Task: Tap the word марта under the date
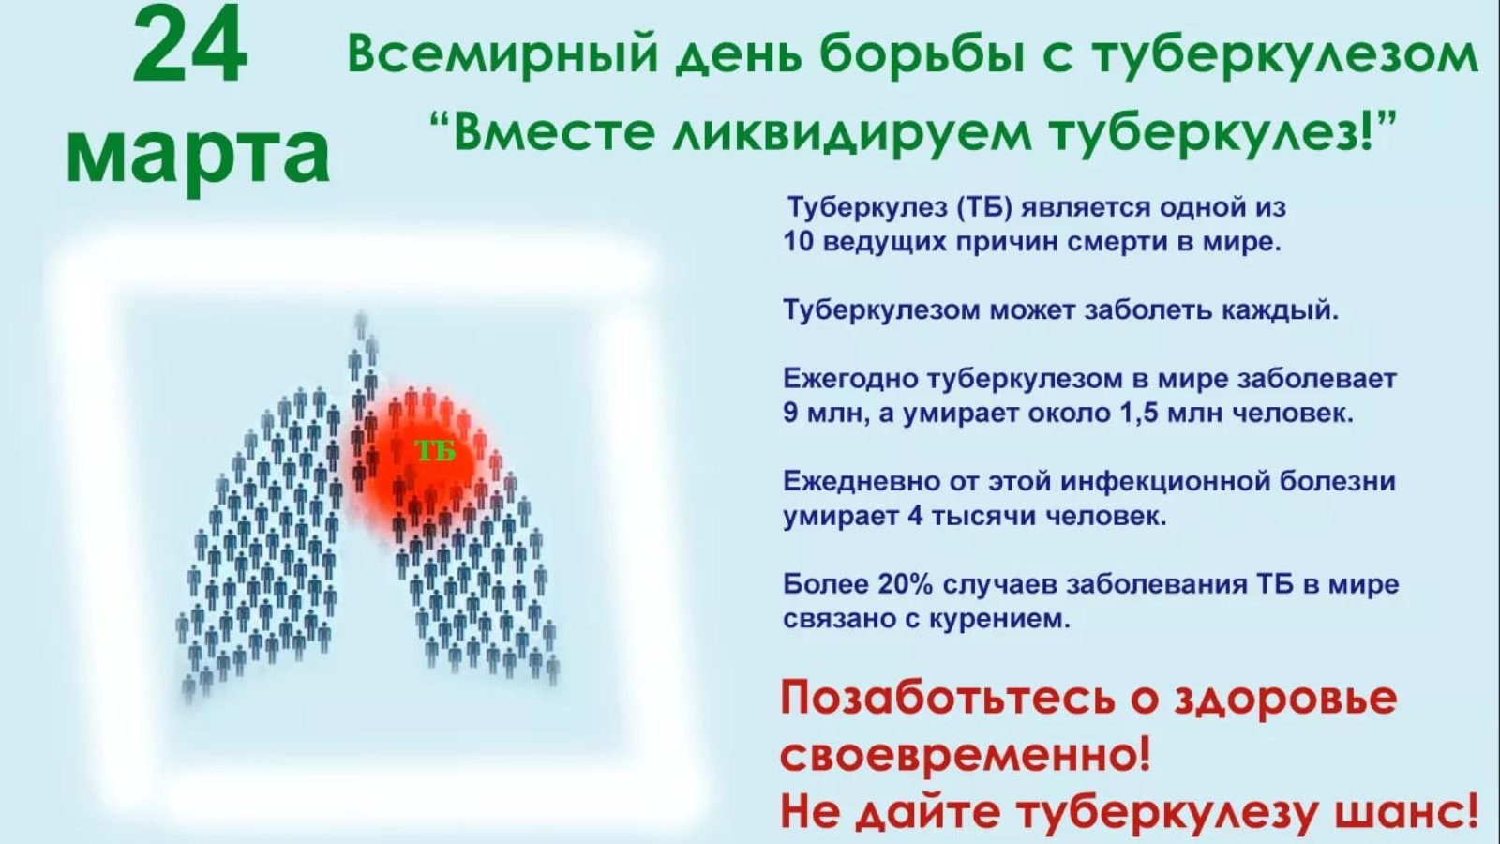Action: click(198, 154)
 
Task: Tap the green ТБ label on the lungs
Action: click(435, 451)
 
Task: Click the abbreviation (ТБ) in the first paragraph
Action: click(983, 207)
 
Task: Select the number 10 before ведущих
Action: click(798, 242)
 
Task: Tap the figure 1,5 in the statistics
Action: click(1139, 414)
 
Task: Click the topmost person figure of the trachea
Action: click(362, 324)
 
